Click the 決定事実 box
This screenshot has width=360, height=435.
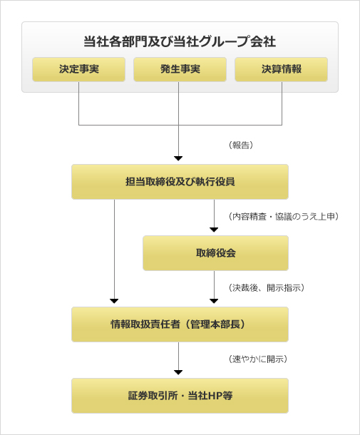(78, 69)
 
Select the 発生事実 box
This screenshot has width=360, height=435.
(180, 69)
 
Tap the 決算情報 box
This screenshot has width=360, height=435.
(282, 69)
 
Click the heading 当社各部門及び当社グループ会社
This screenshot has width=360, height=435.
(180, 41)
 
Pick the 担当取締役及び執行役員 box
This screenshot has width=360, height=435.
(180, 182)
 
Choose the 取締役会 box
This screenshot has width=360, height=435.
(215, 253)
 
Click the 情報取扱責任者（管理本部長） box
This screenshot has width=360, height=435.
(180, 324)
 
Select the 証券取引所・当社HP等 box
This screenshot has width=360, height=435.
(180, 396)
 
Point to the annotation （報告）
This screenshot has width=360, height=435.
(241, 145)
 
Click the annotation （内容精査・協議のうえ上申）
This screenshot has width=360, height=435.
(284, 216)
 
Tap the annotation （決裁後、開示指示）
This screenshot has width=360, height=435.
(266, 287)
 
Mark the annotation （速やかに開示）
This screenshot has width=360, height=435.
(257, 359)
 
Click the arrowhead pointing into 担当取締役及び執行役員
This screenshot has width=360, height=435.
(178, 158)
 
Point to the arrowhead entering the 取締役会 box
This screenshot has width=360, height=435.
(214, 230)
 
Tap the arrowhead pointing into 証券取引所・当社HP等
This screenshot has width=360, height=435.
(178, 372)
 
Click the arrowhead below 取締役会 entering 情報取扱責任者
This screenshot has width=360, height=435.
(214, 301)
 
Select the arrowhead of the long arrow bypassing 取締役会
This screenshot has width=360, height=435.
(114, 301)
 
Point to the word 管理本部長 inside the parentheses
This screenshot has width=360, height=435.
(215, 324)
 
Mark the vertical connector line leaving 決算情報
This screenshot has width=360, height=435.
(282, 103)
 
